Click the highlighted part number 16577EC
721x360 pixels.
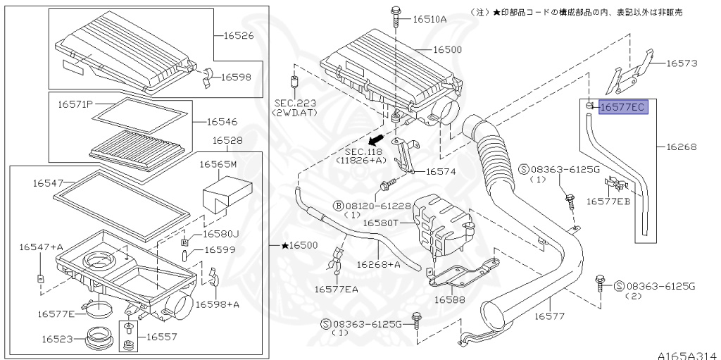click(622, 108)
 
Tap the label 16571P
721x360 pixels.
click(75, 104)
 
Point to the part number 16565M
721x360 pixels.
click(218, 164)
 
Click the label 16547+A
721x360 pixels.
click(41, 247)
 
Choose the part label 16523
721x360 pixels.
click(57, 339)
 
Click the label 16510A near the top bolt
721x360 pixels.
click(430, 19)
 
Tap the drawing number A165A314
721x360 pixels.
click(687, 354)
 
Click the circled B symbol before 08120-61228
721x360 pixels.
click(339, 206)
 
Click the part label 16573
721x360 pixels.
click(682, 63)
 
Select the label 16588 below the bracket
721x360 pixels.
click(451, 299)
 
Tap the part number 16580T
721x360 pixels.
click(381, 223)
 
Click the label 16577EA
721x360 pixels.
click(337, 289)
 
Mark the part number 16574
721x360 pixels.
click(440, 171)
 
